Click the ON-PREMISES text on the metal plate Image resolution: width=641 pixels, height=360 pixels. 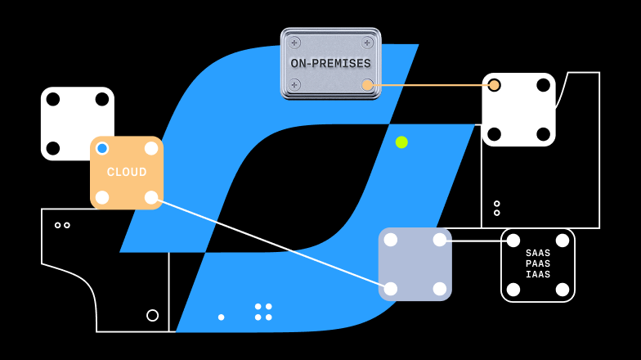(330, 63)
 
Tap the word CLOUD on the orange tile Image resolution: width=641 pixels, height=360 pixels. (127, 173)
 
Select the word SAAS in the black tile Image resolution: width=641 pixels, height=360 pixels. (538, 254)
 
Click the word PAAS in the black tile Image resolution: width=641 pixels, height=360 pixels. (538, 263)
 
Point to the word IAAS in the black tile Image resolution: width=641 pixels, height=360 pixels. (538, 274)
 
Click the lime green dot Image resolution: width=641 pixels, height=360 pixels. (401, 142)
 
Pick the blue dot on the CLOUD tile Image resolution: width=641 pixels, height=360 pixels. (102, 148)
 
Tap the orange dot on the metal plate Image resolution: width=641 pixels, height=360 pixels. (367, 85)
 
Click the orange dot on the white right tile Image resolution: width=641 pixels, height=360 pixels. (494, 85)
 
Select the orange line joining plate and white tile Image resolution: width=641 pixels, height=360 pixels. (431, 85)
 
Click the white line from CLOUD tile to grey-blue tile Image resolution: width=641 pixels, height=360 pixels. (270, 243)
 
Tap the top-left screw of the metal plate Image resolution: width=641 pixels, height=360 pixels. (295, 43)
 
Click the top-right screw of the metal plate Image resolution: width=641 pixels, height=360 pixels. (367, 43)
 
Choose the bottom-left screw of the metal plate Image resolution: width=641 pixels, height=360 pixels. (295, 85)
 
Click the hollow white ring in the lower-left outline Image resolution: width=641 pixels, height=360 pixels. (152, 315)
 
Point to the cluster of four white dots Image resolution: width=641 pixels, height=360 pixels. (263, 312)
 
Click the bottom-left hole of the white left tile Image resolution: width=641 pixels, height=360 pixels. (53, 148)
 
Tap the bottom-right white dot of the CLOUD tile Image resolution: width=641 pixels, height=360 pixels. (151, 197)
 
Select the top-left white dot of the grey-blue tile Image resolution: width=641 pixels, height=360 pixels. (391, 240)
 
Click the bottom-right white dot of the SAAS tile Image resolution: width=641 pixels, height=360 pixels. (562, 289)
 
